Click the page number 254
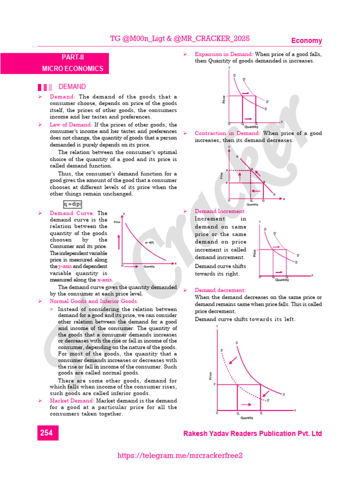pos(46,433)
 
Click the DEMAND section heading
pos(72,87)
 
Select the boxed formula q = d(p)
pos(73,204)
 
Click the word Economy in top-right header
pos(307,41)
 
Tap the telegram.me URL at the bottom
pos(180,456)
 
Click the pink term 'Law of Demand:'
pos(71,125)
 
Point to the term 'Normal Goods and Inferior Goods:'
pos(94,301)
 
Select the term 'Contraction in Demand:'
pos(227,133)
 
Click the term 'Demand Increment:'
pos(220,211)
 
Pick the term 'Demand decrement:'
pos(220,290)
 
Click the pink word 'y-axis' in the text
pos(65,266)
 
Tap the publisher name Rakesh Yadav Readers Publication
pos(252,434)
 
